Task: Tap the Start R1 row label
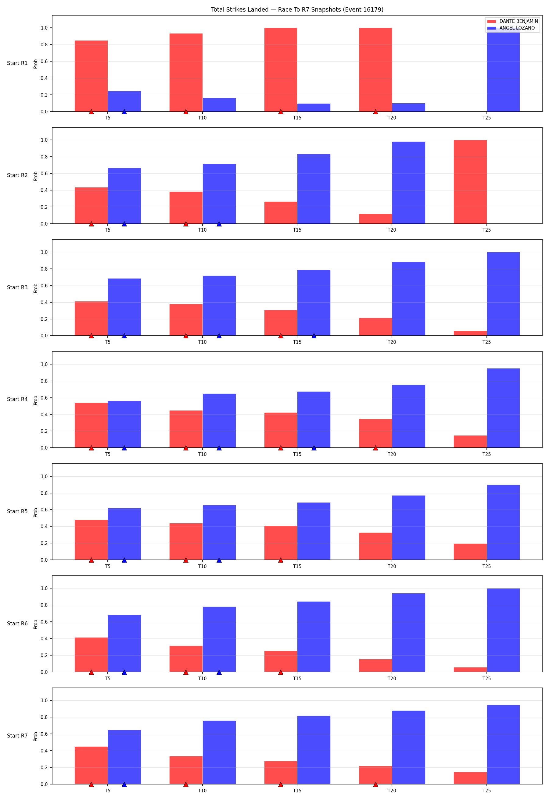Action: (x=17, y=63)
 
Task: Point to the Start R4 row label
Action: (x=17, y=399)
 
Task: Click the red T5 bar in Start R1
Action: (x=91, y=76)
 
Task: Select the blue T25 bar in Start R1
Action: (x=503, y=70)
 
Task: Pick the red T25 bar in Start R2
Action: (x=470, y=182)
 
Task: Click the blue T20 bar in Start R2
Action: (x=408, y=183)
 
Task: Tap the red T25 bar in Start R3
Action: (x=470, y=333)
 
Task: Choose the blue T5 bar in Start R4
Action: (x=124, y=425)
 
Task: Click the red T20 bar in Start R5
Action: (x=375, y=546)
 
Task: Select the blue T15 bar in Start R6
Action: (x=314, y=637)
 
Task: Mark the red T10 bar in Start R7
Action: (x=186, y=770)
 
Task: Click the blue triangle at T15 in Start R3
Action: (x=314, y=336)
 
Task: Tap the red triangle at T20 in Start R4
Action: (x=375, y=448)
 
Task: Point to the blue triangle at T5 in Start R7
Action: (x=124, y=784)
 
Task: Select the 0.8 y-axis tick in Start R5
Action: (x=45, y=493)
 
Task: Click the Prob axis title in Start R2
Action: (x=35, y=176)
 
